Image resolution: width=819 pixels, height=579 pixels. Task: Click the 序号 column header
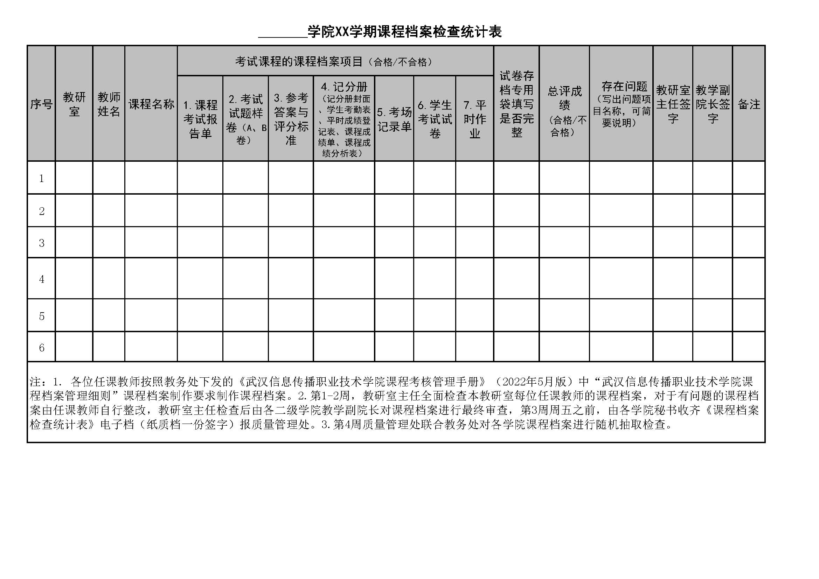[41, 104]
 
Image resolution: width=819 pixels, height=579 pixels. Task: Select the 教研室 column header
[74, 104]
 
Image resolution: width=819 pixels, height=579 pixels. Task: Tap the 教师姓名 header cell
[109, 104]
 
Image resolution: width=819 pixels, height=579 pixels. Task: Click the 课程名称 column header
[151, 104]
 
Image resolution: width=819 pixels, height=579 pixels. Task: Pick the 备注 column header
[749, 104]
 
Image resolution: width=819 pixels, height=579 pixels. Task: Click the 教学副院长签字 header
[713, 104]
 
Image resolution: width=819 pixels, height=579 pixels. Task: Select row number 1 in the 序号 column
[41, 178]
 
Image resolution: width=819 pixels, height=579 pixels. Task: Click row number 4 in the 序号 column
[41, 279]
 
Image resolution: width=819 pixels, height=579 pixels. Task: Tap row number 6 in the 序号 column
[41, 347]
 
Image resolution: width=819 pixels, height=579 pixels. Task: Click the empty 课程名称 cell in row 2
[151, 211]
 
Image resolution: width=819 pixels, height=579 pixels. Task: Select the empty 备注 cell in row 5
[749, 315]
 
